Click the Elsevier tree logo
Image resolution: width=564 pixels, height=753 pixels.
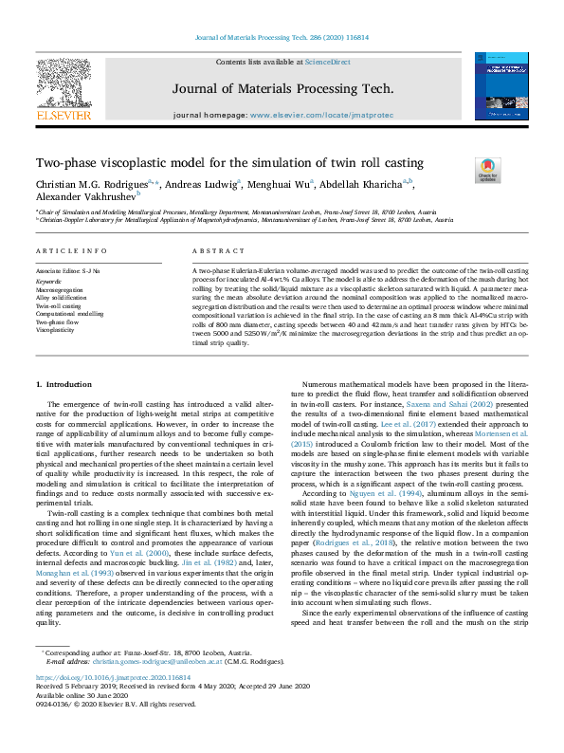[x=64, y=84]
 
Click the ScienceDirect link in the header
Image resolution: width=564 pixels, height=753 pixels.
[x=331, y=63]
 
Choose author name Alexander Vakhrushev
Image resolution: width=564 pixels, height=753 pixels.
[x=84, y=196]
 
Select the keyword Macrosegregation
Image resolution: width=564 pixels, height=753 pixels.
[x=59, y=287]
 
